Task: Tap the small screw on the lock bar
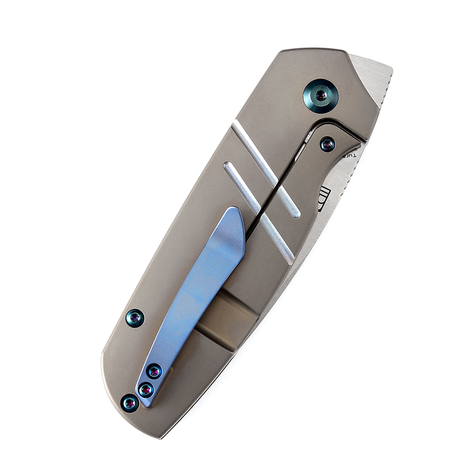(x=327, y=144)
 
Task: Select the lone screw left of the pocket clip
(x=136, y=318)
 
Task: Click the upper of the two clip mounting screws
(x=154, y=372)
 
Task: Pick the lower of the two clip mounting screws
(x=145, y=390)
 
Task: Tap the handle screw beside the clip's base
(x=129, y=403)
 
